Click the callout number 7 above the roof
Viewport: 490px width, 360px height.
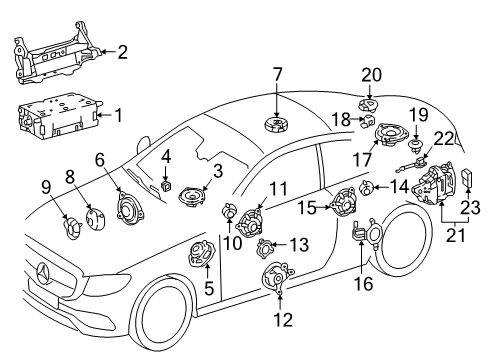277,75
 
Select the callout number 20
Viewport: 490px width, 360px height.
371,75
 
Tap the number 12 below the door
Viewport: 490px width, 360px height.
283,320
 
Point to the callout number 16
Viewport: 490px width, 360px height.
364,284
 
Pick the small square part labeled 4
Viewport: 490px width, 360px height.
166,186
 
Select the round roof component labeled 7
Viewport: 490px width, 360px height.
277,125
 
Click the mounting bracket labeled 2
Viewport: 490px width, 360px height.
57,53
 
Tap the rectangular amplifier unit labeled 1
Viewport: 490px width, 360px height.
59,116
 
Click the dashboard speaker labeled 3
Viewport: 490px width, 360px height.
192,198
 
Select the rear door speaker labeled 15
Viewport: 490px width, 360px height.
343,203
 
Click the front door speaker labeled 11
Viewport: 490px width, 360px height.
250,223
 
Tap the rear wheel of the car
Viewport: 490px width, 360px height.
403,242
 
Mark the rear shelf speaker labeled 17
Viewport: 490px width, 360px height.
392,134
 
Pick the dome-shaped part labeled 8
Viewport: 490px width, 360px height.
95,219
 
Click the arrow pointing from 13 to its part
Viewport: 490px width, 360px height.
279,245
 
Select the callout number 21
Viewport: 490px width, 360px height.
455,236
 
